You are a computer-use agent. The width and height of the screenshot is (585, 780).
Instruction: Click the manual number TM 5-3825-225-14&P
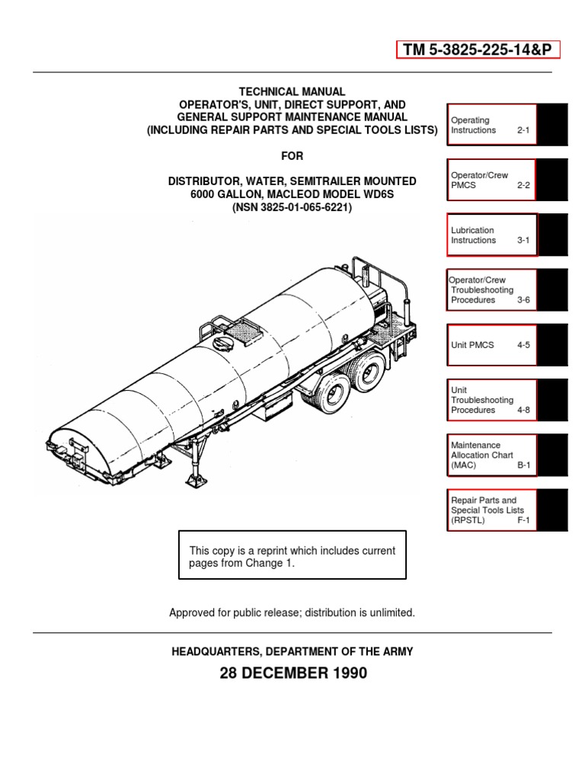478,50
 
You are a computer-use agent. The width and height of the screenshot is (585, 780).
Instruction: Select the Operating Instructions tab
491,125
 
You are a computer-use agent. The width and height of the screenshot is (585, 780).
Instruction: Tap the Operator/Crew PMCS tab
491,180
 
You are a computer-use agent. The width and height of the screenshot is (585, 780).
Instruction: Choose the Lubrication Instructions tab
491,235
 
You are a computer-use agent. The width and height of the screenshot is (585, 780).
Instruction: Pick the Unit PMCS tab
491,345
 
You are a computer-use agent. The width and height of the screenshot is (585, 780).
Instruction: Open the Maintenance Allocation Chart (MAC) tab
491,455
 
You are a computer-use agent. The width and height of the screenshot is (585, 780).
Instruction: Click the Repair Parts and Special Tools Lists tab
491,510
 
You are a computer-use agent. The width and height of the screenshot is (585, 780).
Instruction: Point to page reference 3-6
524,300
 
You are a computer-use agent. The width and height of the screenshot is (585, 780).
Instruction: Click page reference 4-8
524,410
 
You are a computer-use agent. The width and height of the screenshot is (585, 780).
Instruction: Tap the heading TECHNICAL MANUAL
292,91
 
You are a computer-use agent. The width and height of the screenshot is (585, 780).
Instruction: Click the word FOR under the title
292,156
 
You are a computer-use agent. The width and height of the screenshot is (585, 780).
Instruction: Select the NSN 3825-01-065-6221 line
292,207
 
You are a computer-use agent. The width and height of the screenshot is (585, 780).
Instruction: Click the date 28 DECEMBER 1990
292,673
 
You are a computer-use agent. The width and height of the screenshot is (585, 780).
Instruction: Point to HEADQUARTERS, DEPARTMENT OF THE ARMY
292,652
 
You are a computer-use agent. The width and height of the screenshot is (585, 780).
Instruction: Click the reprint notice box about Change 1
292,555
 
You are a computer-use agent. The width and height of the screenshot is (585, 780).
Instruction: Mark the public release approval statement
292,612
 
